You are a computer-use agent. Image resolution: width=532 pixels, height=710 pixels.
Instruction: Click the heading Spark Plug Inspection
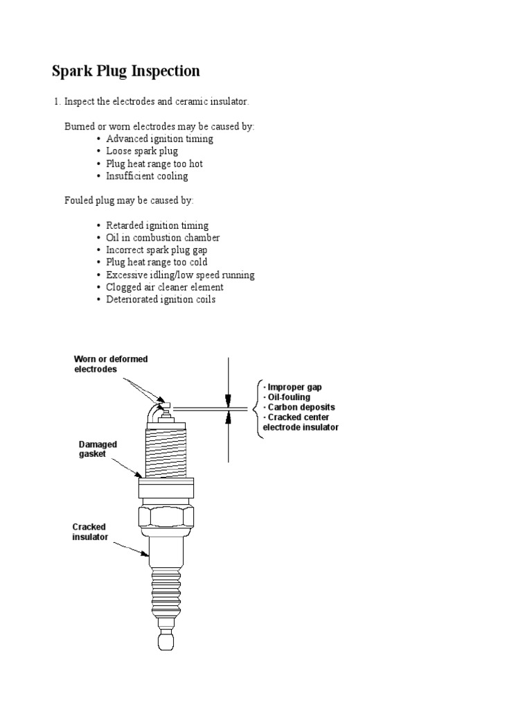click(126, 71)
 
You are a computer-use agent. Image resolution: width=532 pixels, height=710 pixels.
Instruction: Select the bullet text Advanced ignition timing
click(159, 139)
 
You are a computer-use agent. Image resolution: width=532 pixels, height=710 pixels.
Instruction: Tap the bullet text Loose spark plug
click(142, 151)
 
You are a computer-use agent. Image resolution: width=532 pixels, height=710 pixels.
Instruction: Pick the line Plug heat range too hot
click(154, 164)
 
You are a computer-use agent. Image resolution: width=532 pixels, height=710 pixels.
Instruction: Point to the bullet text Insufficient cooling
click(147, 176)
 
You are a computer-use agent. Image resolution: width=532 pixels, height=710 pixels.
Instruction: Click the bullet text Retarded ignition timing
click(157, 225)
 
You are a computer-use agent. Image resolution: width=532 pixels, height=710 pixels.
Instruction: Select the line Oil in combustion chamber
click(163, 238)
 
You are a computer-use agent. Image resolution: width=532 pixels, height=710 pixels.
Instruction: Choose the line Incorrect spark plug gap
click(157, 250)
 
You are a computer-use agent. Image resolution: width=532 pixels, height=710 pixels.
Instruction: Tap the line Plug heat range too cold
click(157, 262)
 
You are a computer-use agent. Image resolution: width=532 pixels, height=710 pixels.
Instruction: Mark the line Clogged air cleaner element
click(165, 287)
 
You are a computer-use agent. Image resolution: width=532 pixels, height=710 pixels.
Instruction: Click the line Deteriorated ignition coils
click(161, 300)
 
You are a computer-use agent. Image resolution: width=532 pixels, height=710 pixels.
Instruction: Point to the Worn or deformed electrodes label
click(111, 364)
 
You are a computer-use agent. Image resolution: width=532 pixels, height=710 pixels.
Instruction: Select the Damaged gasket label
click(98, 449)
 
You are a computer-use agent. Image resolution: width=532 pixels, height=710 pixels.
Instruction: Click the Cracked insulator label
click(91, 532)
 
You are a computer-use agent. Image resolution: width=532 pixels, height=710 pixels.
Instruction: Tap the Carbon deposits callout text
click(300, 407)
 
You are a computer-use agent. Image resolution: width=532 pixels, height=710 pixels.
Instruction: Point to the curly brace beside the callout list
click(258, 407)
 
